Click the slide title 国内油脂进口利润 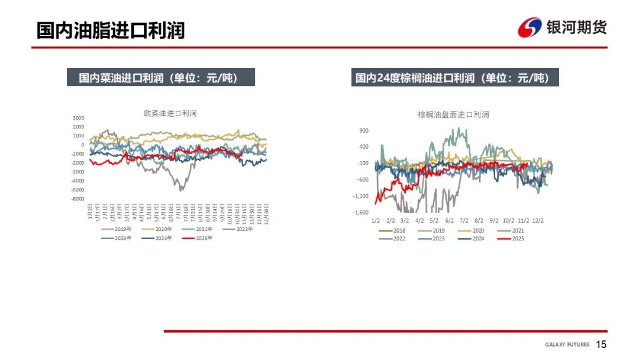(x=111, y=30)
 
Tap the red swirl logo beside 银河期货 (x=530, y=27)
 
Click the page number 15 (x=601, y=345)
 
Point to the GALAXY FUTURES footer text (x=567, y=345)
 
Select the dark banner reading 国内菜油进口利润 (x=160, y=78)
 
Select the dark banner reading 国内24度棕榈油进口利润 (x=454, y=78)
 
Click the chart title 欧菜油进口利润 (x=170, y=112)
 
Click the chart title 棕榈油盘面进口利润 (x=453, y=114)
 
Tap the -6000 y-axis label (x=78, y=199)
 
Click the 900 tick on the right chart (x=364, y=130)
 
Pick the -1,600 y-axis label (x=360, y=213)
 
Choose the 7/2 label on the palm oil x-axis (x=464, y=220)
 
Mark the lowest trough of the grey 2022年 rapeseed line (x=180, y=189)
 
